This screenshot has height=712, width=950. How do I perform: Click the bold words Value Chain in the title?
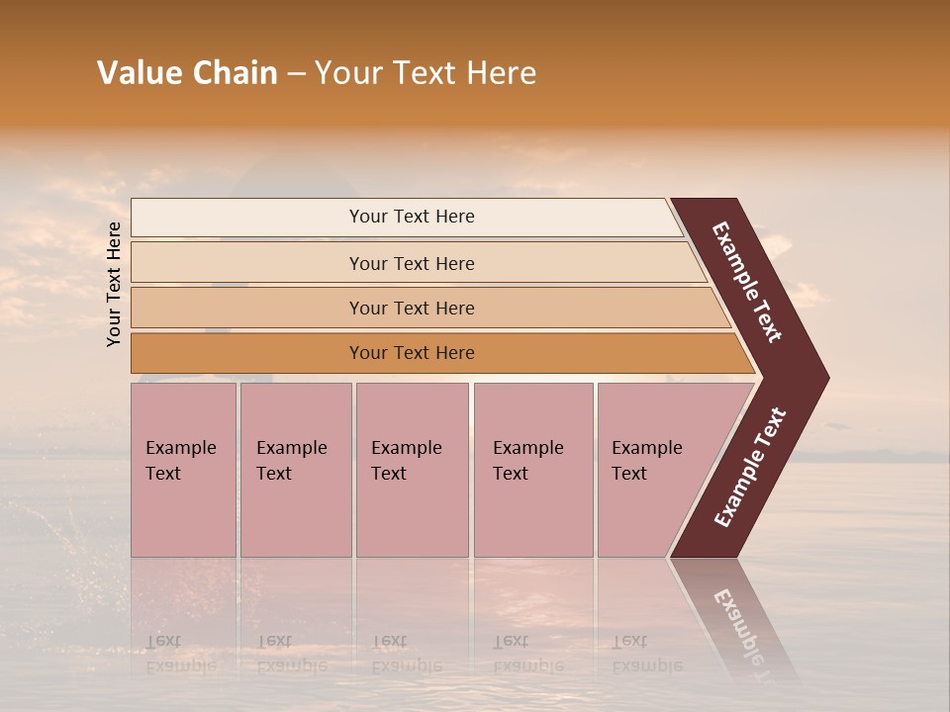(187, 73)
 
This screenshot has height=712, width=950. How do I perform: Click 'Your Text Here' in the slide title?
(426, 73)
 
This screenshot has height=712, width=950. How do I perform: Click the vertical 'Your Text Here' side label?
(114, 284)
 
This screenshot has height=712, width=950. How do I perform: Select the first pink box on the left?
(183, 470)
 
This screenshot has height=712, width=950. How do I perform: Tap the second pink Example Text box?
(295, 470)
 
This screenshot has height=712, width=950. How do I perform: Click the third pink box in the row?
(412, 470)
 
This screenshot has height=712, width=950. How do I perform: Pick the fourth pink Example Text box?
(533, 470)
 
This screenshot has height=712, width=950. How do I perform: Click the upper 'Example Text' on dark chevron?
(747, 282)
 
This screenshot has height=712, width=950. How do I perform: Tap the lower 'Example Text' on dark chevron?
(750, 468)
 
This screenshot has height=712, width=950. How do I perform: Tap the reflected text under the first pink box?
(180, 654)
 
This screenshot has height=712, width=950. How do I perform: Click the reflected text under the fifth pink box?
(646, 654)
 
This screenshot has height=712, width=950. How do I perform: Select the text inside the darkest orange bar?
(412, 353)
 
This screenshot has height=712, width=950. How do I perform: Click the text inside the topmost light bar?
(412, 217)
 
